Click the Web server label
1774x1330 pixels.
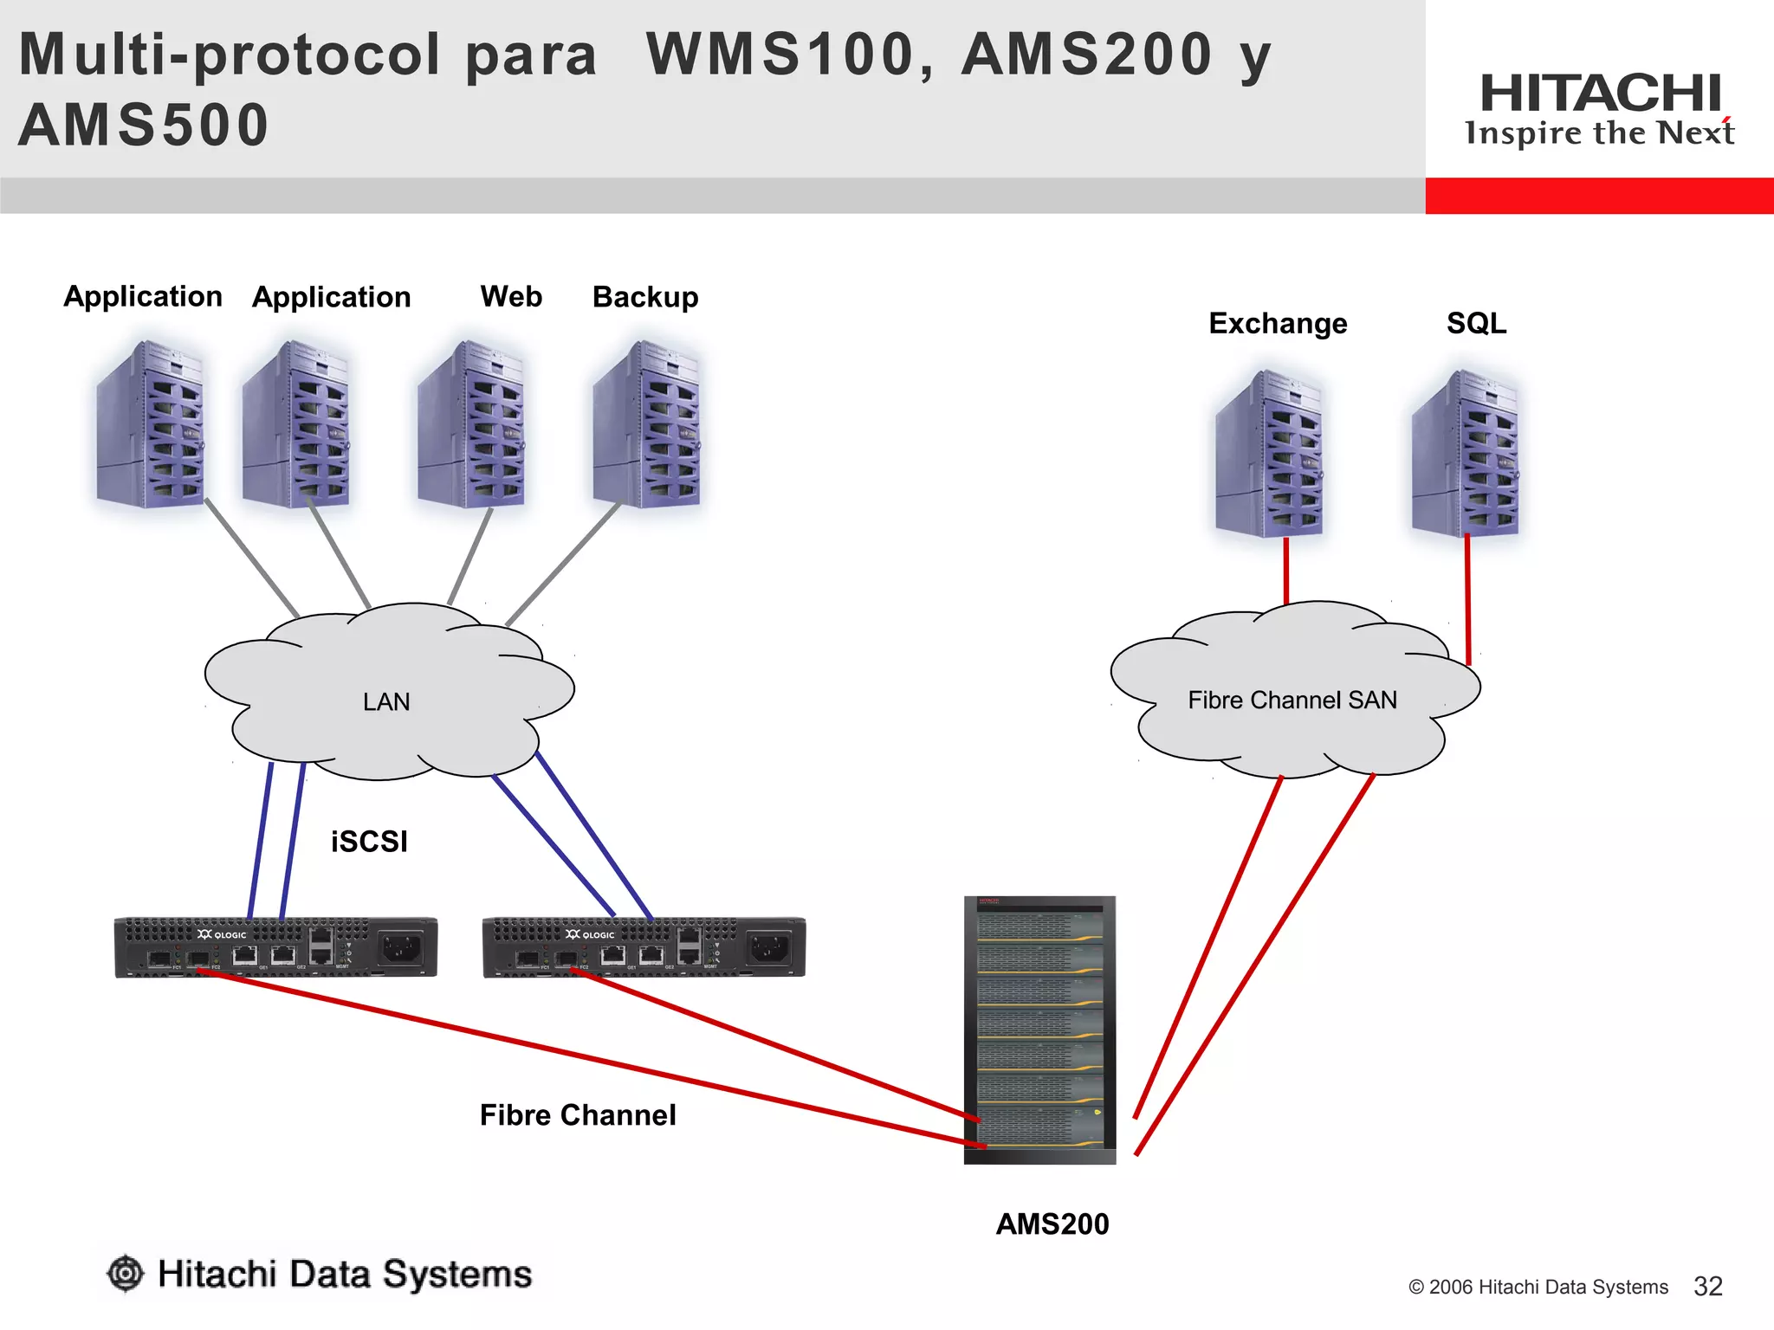click(x=511, y=296)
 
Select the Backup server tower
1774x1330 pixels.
click(x=646, y=423)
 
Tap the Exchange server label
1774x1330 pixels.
click(x=1278, y=323)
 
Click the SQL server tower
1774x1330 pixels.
click(x=1466, y=453)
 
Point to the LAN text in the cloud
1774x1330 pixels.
click(x=386, y=701)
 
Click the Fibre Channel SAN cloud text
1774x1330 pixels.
click(x=1292, y=700)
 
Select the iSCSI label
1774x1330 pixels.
click(x=369, y=841)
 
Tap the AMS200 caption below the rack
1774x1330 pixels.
click(x=1052, y=1223)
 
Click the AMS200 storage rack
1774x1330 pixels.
click(x=1039, y=1030)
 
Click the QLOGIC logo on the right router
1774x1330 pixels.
click(x=590, y=934)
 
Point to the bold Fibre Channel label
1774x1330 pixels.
click(x=578, y=1114)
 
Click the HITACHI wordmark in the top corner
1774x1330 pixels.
click(x=1600, y=93)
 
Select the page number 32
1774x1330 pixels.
click(x=1707, y=1286)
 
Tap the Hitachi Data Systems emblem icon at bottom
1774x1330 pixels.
click(x=126, y=1273)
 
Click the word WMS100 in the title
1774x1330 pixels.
click(x=780, y=54)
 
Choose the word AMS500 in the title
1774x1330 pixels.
click(x=144, y=125)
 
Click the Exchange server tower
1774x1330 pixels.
click(x=1269, y=453)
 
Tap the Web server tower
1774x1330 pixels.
click(x=471, y=423)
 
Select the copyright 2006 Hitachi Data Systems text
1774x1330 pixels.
click(x=1538, y=1287)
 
